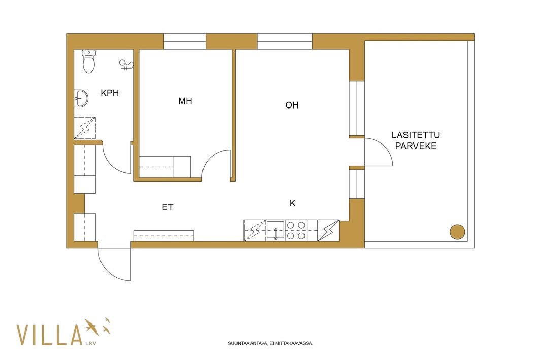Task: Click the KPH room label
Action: click(x=110, y=93)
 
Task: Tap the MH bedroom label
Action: click(x=185, y=101)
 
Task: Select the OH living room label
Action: click(x=292, y=105)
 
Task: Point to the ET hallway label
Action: click(x=167, y=207)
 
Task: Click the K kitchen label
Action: click(x=293, y=203)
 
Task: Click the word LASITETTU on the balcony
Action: click(x=416, y=135)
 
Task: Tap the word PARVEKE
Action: click(x=416, y=146)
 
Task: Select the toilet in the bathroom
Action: click(x=89, y=61)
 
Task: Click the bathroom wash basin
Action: click(x=81, y=99)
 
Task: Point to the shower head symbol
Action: click(x=126, y=65)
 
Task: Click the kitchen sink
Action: click(x=276, y=230)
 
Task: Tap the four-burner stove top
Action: click(x=296, y=230)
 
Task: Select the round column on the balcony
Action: click(x=457, y=232)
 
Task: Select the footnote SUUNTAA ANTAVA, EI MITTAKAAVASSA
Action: click(x=270, y=343)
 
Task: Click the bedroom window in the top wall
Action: click(x=185, y=42)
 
